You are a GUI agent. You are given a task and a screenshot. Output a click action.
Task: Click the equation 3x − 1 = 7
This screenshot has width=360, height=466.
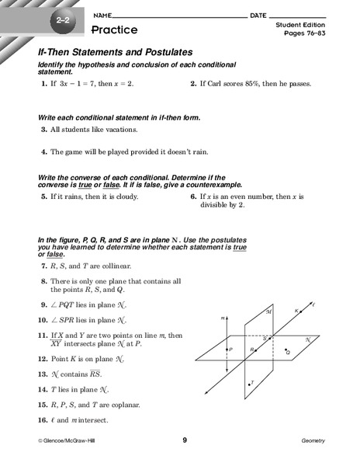coord(77,82)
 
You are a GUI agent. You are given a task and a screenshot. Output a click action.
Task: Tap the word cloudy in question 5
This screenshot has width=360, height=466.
coord(124,196)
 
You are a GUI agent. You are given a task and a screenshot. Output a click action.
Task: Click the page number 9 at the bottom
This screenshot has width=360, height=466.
coord(185,440)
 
